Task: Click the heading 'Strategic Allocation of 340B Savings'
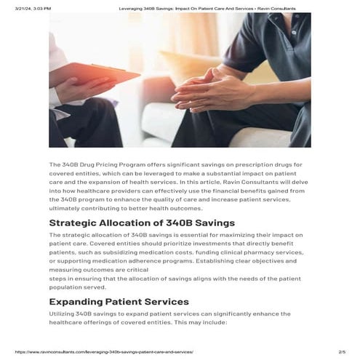point(142,223)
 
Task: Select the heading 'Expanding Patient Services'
point(119,301)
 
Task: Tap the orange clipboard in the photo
point(103,73)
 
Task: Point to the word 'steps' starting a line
point(57,279)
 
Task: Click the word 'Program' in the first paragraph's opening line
point(143,165)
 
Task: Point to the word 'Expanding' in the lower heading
point(77,301)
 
